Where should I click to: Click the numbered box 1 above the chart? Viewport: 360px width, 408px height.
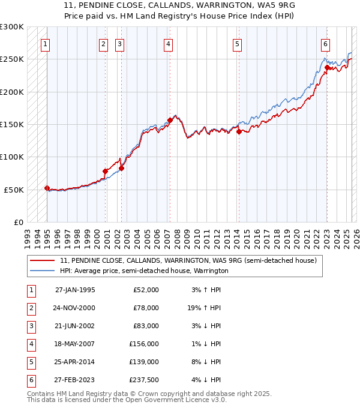point(46,44)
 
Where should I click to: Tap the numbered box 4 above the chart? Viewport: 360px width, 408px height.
point(169,44)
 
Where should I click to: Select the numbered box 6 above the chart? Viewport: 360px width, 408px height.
point(325,44)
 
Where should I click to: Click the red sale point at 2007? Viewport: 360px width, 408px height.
point(170,120)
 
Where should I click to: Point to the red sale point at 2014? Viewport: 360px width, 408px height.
point(238,132)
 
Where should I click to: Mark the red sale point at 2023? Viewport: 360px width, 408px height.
point(327,68)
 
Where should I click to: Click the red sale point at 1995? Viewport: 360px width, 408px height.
point(47,188)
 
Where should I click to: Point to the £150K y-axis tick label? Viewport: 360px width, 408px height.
point(12,125)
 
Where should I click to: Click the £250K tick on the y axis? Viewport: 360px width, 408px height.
point(12,59)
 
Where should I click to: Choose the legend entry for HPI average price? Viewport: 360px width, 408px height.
point(144,271)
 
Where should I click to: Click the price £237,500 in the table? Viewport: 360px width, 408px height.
point(143,380)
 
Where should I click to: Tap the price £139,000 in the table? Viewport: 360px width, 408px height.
point(143,362)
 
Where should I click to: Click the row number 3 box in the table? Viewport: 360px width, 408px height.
point(31,326)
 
